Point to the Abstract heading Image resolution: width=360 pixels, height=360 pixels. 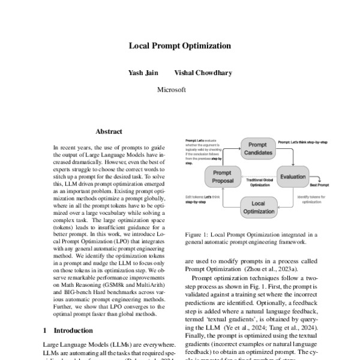[109, 131]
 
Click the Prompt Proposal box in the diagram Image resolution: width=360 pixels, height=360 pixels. [222, 177]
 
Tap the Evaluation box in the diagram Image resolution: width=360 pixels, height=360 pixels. [293, 177]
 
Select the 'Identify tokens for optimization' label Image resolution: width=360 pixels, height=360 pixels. [313, 199]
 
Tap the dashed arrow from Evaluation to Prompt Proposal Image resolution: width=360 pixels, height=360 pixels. [257, 176]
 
